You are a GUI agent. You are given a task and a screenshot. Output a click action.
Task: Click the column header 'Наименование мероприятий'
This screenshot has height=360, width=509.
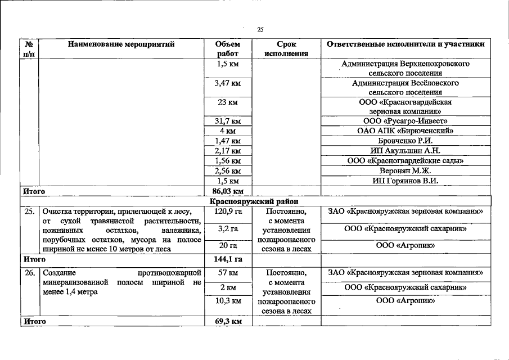tap(121, 44)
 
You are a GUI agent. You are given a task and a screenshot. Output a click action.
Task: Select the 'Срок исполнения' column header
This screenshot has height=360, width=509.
tap(286, 49)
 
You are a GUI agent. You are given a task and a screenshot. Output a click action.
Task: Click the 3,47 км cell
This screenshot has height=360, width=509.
tap(228, 83)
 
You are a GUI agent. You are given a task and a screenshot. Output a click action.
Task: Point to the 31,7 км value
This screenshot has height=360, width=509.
tap(228, 121)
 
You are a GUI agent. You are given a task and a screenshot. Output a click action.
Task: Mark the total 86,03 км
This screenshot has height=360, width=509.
tap(228, 191)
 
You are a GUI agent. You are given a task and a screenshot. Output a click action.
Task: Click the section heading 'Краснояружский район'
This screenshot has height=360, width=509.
tap(254, 201)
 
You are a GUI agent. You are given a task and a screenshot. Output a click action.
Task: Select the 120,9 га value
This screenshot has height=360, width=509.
tap(228, 211)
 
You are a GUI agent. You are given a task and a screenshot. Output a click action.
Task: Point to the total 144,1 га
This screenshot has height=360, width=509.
tap(228, 259)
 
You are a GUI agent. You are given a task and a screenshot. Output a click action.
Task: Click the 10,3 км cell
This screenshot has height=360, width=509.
tap(228, 301)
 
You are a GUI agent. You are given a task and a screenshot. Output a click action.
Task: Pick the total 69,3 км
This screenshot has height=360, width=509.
tap(228, 321)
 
